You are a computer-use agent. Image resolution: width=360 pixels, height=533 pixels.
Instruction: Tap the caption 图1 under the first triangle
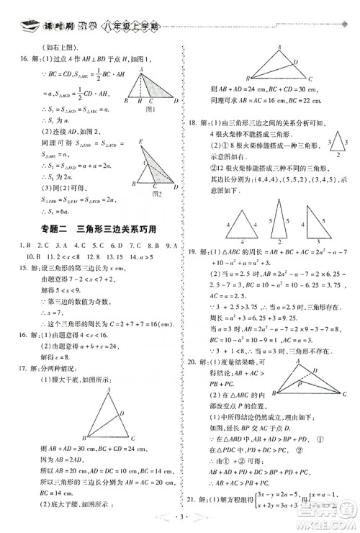click(x=151, y=110)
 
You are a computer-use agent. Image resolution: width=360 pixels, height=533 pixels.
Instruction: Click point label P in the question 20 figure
click(x=298, y=384)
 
